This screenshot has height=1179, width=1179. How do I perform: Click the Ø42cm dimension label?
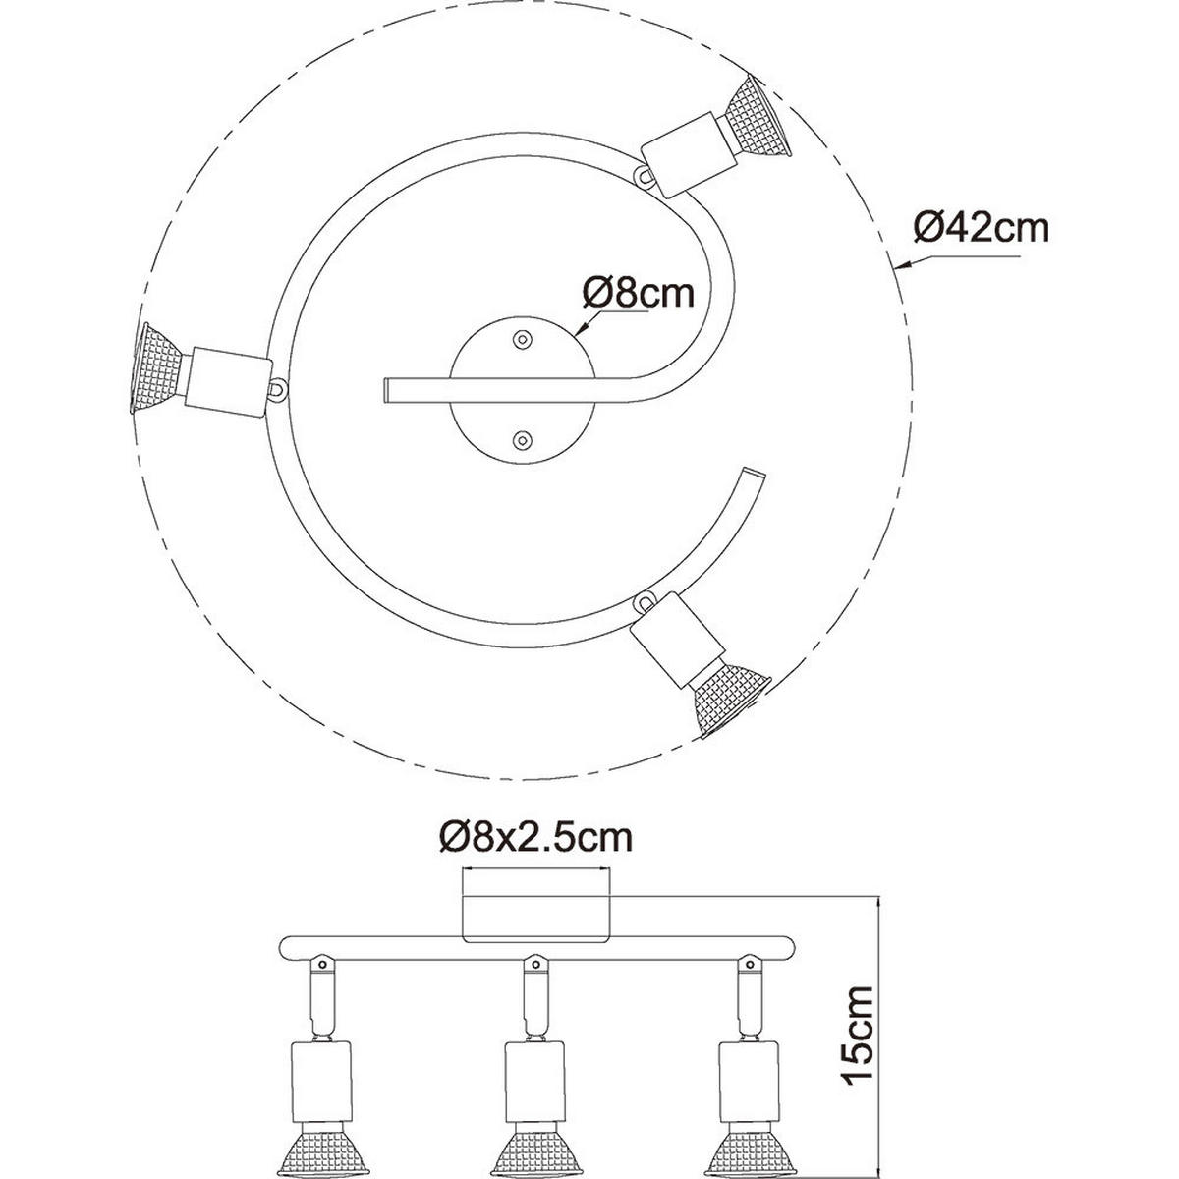pyautogui.click(x=980, y=228)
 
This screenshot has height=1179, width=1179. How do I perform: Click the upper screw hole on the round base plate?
pyautogui.click(x=522, y=339)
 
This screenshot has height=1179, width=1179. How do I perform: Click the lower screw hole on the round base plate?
pyautogui.click(x=522, y=439)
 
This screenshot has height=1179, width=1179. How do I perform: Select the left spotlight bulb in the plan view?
pyautogui.click(x=152, y=366)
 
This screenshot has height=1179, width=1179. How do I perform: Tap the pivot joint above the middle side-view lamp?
pyautogui.click(x=534, y=963)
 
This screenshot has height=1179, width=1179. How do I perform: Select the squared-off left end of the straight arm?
pyautogui.click(x=387, y=388)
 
